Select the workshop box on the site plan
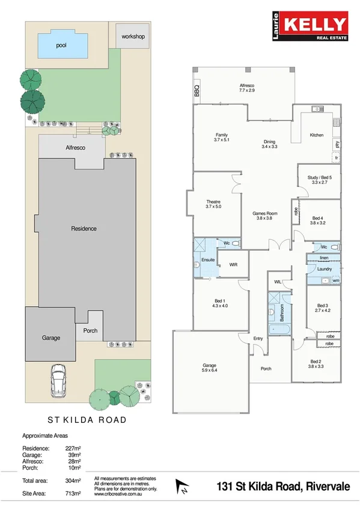[x=133, y=37]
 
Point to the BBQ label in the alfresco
[x=197, y=91]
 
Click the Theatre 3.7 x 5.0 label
[x=213, y=204]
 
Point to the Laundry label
[x=324, y=269]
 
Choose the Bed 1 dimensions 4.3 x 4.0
[x=220, y=306]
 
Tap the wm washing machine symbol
[x=335, y=280]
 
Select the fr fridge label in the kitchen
[x=337, y=158]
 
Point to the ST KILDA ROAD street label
[x=87, y=420]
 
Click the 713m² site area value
[x=73, y=494]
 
